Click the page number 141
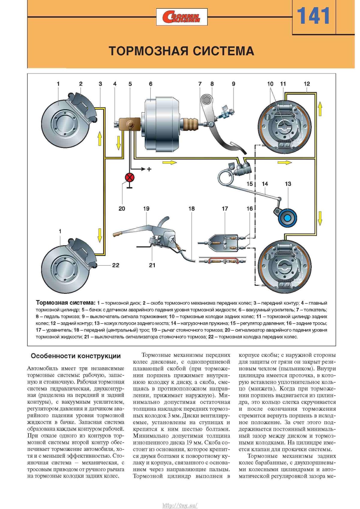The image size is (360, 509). point(313,17)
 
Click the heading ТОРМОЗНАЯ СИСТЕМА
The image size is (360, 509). point(181,51)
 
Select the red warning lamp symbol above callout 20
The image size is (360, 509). point(130,178)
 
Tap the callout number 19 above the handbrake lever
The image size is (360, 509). point(146,209)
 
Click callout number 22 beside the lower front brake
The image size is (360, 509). point(115,265)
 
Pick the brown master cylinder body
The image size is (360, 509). point(127,124)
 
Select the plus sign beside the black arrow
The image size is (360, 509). point(149,169)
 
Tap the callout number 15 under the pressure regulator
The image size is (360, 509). point(250,184)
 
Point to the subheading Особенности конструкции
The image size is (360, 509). point(76,356)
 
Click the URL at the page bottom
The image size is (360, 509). point(180,505)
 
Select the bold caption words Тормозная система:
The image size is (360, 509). point(65,303)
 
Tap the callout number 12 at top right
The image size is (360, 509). point(307,84)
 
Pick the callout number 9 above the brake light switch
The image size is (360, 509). point(233,84)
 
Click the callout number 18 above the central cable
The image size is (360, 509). point(191,209)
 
